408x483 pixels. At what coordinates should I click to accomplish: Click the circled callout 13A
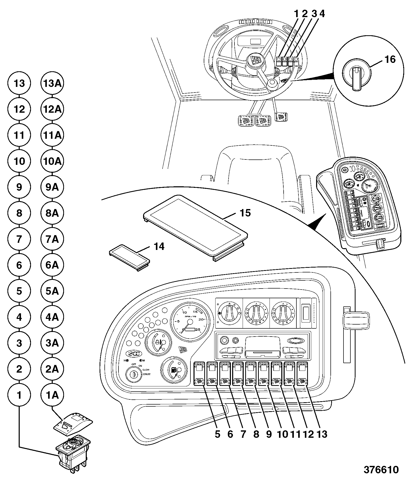coord(52,84)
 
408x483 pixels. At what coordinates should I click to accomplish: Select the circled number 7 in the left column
coord(19,239)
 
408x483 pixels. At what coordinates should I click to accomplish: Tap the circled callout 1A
coord(52,395)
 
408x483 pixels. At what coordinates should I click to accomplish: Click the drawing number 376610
coord(381,470)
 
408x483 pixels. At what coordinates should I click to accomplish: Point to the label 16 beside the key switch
coord(390,60)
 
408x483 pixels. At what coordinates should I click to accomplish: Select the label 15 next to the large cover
coord(245,213)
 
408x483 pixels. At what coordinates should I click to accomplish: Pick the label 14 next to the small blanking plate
coord(159,247)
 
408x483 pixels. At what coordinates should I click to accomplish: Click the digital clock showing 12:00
coord(134,354)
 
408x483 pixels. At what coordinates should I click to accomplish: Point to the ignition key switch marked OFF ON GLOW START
coord(134,375)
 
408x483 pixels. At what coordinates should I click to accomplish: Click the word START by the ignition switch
coord(147,374)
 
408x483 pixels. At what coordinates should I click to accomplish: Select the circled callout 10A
coord(52,161)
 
